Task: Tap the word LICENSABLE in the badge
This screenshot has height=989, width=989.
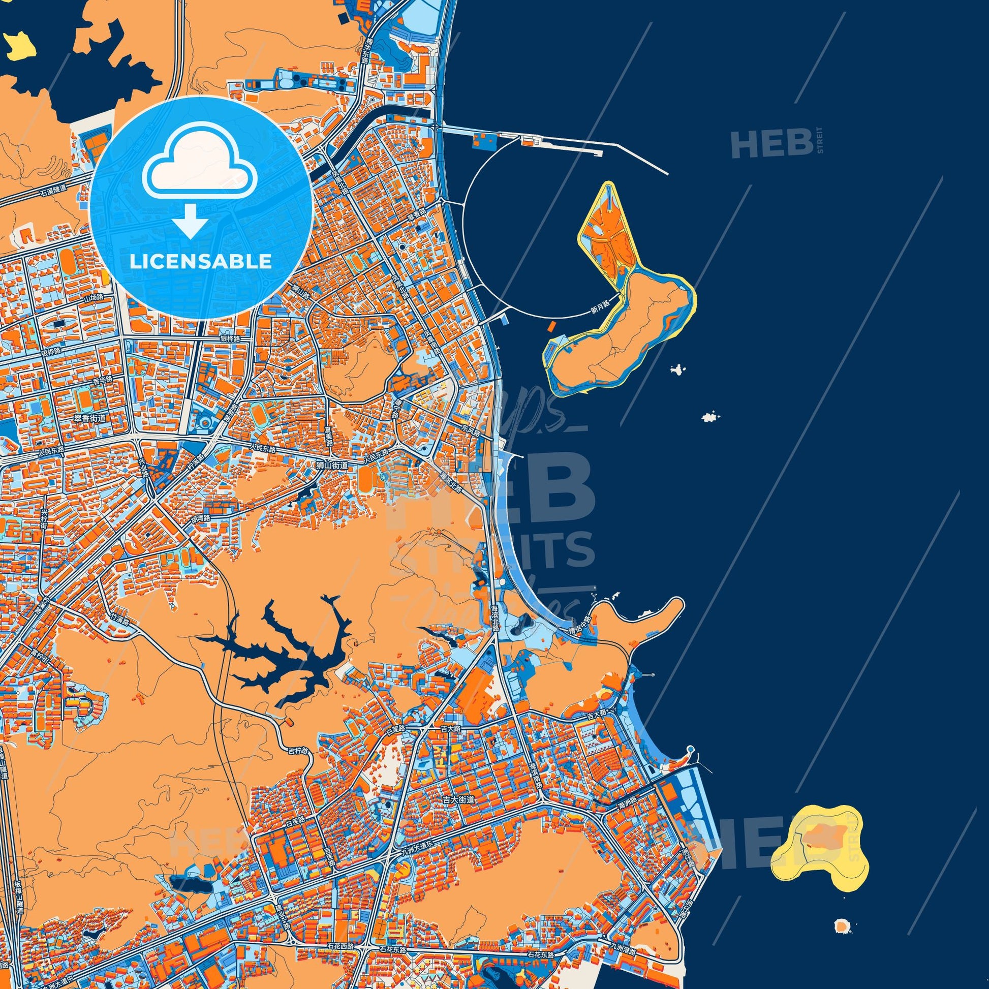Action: pyautogui.click(x=201, y=262)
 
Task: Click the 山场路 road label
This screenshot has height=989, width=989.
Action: pyautogui.click(x=94, y=297)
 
